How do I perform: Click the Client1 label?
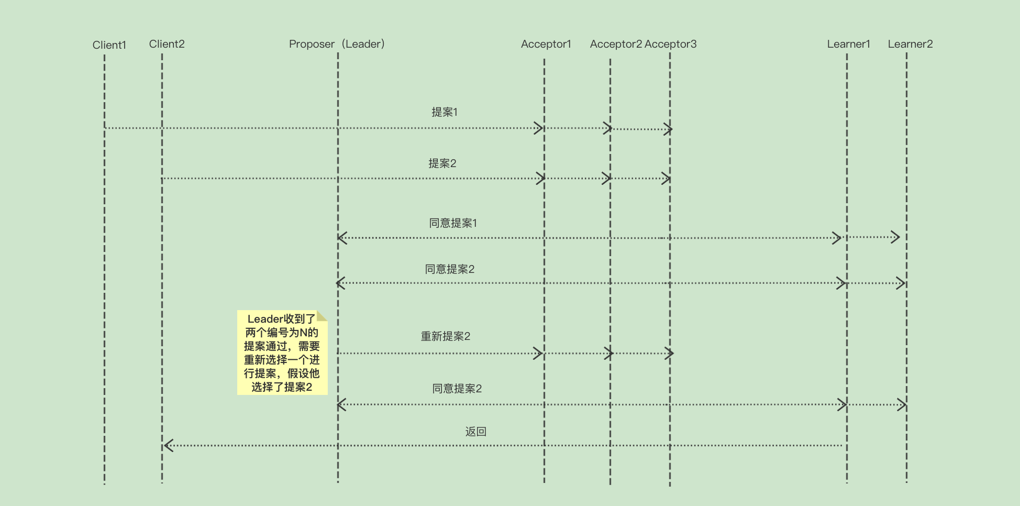pyautogui.click(x=109, y=45)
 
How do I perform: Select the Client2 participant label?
pyautogui.click(x=167, y=44)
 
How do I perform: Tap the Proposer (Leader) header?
pyautogui.click(x=337, y=44)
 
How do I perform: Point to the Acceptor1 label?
pyautogui.click(x=546, y=44)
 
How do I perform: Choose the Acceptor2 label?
pyautogui.click(x=616, y=44)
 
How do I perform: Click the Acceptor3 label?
pyautogui.click(x=671, y=44)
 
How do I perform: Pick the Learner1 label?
pyautogui.click(x=848, y=44)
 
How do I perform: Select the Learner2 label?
pyautogui.click(x=910, y=44)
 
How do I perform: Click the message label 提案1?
pyautogui.click(x=444, y=112)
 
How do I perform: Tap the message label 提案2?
pyautogui.click(x=442, y=163)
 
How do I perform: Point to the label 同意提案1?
pyautogui.click(x=453, y=223)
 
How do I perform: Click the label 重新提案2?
pyautogui.click(x=446, y=336)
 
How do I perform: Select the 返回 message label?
pyautogui.click(x=476, y=432)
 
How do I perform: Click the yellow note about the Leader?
pyautogui.click(x=282, y=353)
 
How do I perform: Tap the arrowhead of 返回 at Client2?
pyautogui.click(x=168, y=446)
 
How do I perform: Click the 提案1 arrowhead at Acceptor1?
pyautogui.click(x=539, y=128)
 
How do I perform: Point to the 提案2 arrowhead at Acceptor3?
pyautogui.click(x=667, y=179)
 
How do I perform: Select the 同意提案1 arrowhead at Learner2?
pyautogui.click(x=895, y=237)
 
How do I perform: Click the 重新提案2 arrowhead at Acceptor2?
pyautogui.click(x=608, y=354)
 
